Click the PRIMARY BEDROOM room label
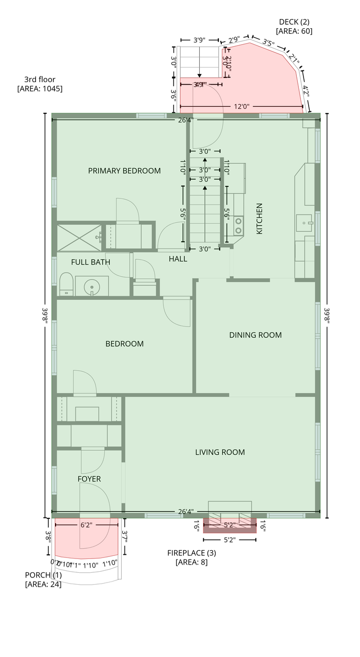tap(124, 171)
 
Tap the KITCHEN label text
tap(259, 219)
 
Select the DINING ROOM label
tap(255, 335)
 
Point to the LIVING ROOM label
tap(220, 452)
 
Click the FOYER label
tap(89, 479)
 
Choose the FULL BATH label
tap(90, 262)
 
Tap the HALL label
tap(178, 259)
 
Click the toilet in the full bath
tap(66, 284)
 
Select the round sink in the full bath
tap(92, 286)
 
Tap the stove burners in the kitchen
tap(239, 226)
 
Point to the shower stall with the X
tap(79, 237)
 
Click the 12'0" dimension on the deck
tap(241, 107)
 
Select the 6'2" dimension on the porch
tap(86, 525)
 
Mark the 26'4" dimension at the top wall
tap(185, 120)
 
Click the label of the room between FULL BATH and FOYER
tap(124, 344)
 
